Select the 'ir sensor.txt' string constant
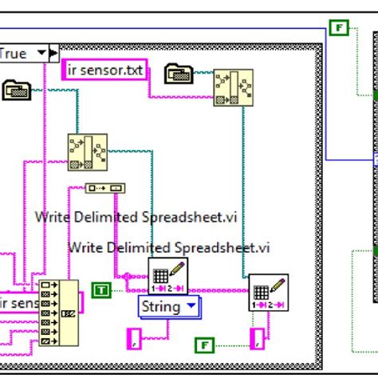pos(104,71)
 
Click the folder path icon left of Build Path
pos(16,90)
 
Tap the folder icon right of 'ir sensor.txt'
pos(179,74)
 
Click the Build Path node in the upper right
pos(233,87)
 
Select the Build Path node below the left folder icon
pos(87,152)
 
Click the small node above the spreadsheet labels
pos(105,188)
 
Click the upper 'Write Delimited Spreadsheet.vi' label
pos(136,217)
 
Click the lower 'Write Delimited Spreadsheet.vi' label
pos(168,247)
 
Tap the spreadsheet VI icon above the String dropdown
pos(167,277)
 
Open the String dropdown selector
pos(169,305)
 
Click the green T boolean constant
pos(101,289)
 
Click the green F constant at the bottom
pos(205,345)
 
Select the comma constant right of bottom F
pos(257,339)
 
